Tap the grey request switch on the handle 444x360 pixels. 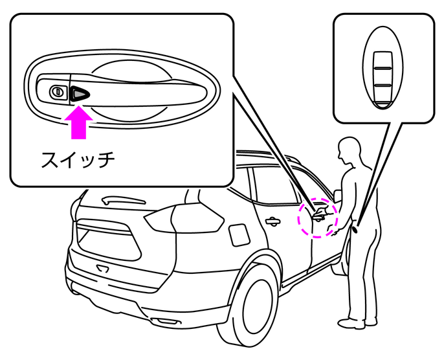point(80,93)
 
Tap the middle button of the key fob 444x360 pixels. point(381,75)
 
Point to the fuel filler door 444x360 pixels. point(238,233)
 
